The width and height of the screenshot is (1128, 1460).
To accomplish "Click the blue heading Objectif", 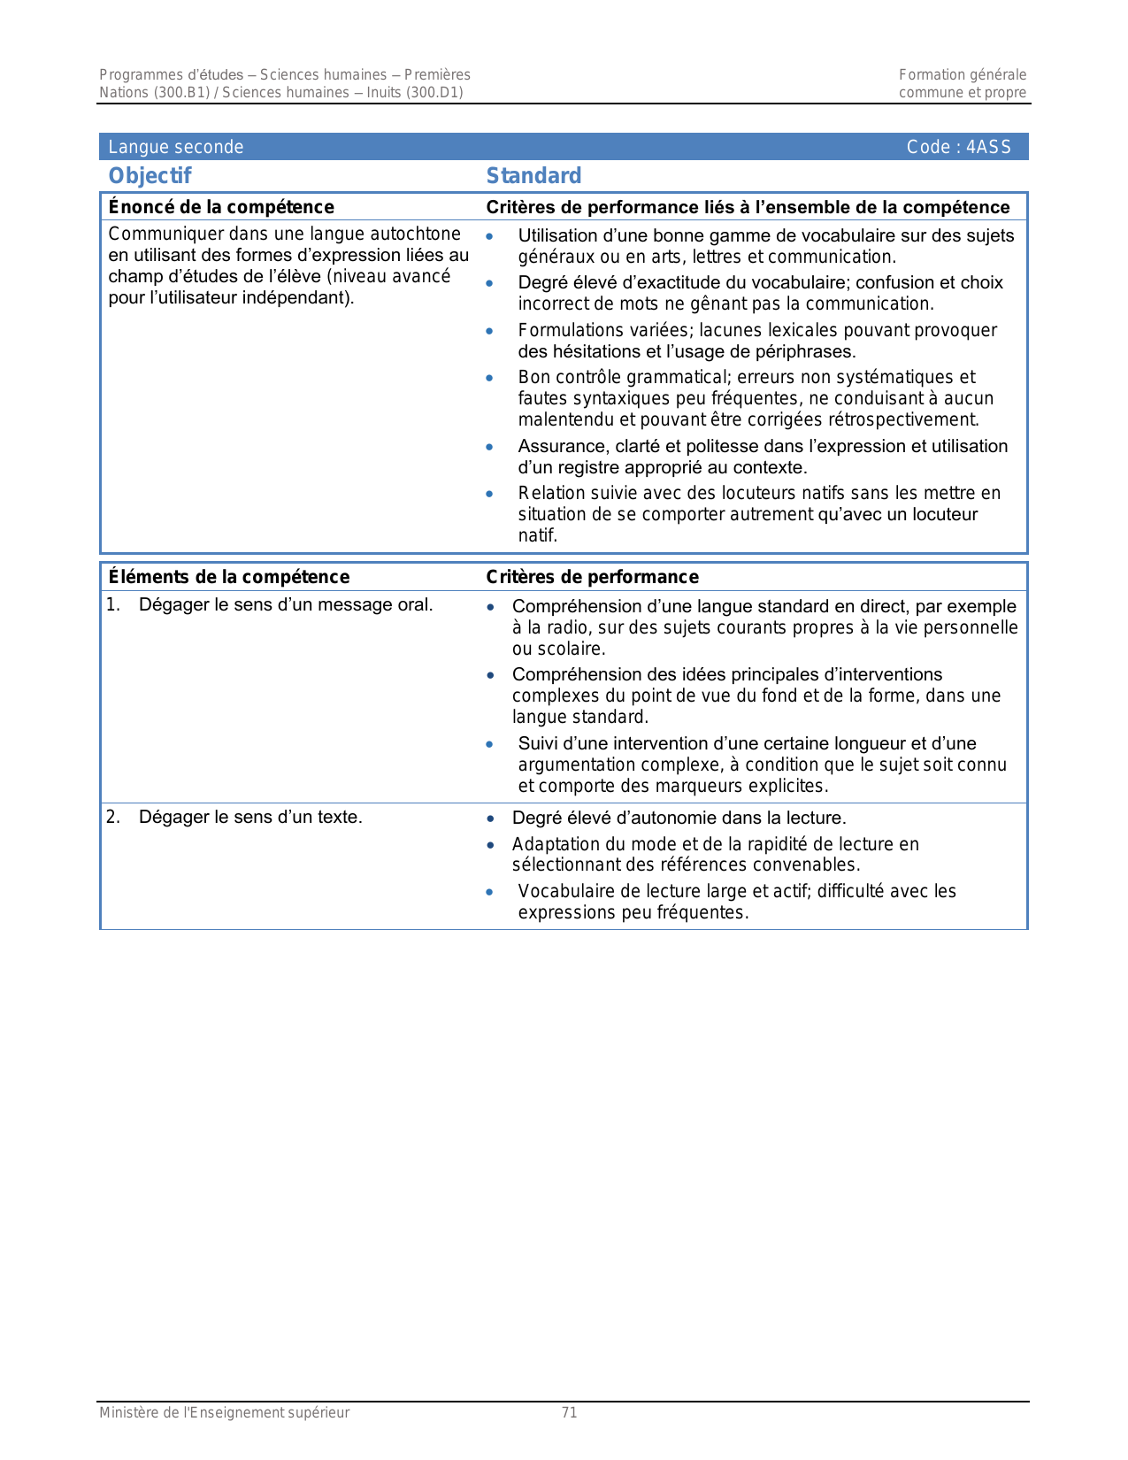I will [x=150, y=176].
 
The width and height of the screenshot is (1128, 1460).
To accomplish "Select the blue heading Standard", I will [x=533, y=176].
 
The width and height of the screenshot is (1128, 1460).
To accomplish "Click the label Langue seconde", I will [x=175, y=147].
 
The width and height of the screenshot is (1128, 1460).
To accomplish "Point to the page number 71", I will [x=570, y=1412].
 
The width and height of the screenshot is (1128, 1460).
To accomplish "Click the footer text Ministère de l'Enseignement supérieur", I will [x=224, y=1412].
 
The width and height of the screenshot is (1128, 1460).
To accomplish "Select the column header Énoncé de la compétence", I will [x=221, y=207].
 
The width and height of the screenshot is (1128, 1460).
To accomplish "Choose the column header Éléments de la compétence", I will [x=229, y=577].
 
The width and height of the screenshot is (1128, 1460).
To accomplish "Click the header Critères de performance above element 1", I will [x=592, y=577].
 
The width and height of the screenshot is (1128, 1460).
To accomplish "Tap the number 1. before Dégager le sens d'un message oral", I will [x=113, y=605].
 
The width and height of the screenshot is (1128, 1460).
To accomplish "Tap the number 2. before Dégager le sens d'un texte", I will [x=113, y=817].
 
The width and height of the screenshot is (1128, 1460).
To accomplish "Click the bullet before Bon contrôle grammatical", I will [x=489, y=378].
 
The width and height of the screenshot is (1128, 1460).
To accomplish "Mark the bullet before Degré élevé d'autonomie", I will [x=491, y=818].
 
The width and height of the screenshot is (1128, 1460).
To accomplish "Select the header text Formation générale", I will [x=963, y=75].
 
